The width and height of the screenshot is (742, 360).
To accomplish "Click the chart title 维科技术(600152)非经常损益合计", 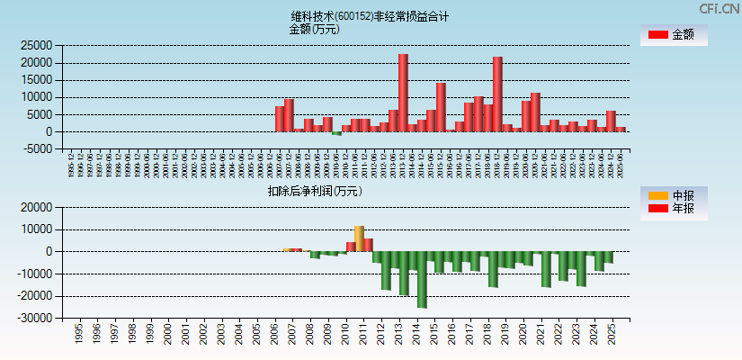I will coord(370,16).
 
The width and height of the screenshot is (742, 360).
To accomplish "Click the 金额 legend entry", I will coord(673,35).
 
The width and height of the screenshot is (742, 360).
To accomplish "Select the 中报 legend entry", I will coord(673,195).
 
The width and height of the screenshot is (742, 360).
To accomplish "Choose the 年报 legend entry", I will coord(673,209).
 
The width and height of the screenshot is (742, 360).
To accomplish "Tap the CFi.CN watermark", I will coord(720,8).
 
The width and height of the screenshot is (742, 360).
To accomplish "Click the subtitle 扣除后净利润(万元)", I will coord(314,191).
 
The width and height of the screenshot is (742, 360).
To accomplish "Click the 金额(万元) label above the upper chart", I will coord(314,29).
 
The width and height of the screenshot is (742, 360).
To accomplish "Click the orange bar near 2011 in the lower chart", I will coord(359,238).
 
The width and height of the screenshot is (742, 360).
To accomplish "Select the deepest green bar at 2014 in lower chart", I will coord(422,279).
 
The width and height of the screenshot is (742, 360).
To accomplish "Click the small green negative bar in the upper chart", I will coord(336,133).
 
